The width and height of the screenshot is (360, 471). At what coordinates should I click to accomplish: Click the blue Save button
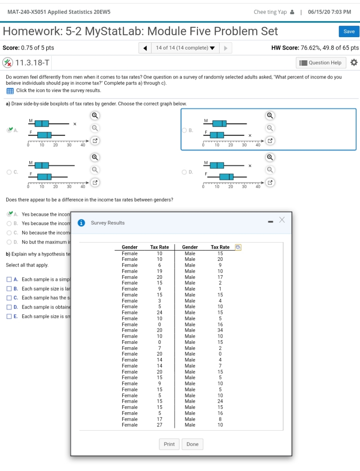(x=349, y=32)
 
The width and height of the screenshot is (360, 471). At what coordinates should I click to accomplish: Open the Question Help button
(x=321, y=63)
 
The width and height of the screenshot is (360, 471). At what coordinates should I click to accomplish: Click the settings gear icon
(x=354, y=62)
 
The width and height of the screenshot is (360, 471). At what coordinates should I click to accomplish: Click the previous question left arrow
(x=145, y=48)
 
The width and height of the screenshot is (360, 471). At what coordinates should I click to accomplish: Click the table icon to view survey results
(x=10, y=91)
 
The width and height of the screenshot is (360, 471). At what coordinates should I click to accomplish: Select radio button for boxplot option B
(x=184, y=130)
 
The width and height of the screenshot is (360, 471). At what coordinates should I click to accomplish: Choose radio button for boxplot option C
(x=9, y=172)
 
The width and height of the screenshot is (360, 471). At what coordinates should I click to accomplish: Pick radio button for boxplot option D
(x=184, y=172)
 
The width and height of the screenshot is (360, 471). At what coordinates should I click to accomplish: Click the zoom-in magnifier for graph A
(x=95, y=116)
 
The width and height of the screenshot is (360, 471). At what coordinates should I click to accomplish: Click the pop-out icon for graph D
(x=270, y=182)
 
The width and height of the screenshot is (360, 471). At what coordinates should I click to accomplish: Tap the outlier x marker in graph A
(x=75, y=124)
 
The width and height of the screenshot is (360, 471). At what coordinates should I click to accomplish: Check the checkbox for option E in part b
(x=9, y=316)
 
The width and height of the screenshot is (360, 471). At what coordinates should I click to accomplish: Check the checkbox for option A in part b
(x=9, y=280)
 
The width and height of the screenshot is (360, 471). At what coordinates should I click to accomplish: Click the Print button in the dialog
(x=169, y=444)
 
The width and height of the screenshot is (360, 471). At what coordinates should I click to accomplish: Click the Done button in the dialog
(x=192, y=444)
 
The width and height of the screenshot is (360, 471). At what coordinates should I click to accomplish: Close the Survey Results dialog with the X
(x=282, y=220)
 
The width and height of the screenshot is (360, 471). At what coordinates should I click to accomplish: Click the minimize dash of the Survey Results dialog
(x=271, y=222)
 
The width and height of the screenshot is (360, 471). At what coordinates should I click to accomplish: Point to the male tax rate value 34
(x=220, y=330)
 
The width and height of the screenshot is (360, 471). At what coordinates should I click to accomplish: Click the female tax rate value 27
(x=159, y=425)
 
